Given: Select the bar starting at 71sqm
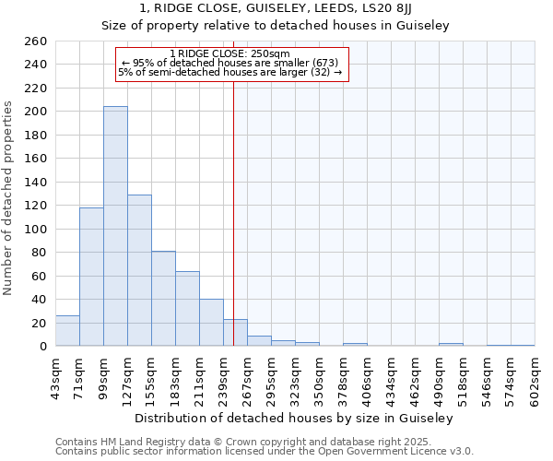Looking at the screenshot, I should point(91,277).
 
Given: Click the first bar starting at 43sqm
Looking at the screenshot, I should point(67,331).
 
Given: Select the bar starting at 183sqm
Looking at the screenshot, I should point(187,309).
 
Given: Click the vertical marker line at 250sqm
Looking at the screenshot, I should point(233,184).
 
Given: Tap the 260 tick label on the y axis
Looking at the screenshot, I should point(35,41).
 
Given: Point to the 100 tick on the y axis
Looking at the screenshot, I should point(35,229).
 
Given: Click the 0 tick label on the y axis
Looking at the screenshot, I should point(42,346).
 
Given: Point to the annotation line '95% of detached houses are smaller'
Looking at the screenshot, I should point(230,63).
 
